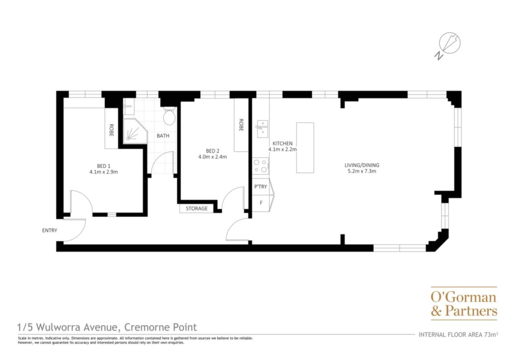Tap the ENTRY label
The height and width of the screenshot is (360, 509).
[50, 231]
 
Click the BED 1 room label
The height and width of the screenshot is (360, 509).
[103, 166]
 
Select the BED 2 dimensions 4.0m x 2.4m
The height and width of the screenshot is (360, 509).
[213, 157]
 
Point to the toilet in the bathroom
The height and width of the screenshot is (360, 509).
[169, 116]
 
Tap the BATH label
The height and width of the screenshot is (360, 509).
[163, 136]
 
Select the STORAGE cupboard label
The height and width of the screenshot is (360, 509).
[197, 208]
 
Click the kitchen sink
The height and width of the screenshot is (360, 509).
[262, 129]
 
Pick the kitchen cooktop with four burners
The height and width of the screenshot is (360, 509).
[261, 166]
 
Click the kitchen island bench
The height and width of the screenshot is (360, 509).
[305, 148]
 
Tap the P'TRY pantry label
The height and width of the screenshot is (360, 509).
[260, 186]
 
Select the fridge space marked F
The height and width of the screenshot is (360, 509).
[261, 203]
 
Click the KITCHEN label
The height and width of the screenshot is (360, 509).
[282, 144]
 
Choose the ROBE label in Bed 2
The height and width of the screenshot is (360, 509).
[241, 125]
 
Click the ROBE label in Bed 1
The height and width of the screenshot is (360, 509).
[111, 130]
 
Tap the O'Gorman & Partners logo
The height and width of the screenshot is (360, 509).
[464, 303]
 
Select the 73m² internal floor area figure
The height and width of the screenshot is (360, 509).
[491, 334]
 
